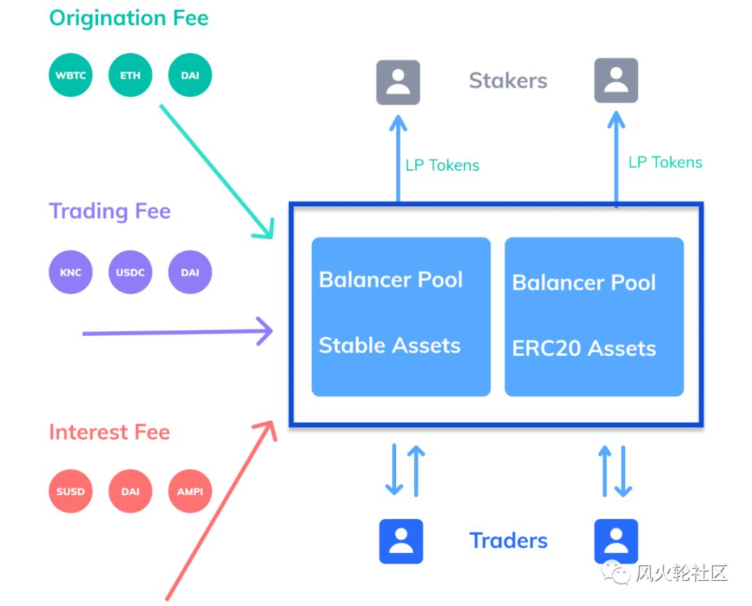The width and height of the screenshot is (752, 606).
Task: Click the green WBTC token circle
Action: [70, 75]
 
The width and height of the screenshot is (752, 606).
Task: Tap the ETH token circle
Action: [130, 75]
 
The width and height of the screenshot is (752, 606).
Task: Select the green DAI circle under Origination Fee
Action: [190, 75]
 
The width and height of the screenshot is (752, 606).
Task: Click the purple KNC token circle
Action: [70, 272]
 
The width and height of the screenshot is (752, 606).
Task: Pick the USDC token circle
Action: [130, 272]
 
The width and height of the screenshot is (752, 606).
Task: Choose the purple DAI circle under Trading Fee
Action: [190, 272]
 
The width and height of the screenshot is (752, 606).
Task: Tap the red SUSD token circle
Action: [70, 491]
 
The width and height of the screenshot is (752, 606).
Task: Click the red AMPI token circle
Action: [190, 491]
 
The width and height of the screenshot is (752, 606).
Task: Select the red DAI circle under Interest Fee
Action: [130, 491]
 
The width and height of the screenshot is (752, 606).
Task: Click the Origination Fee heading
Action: [129, 18]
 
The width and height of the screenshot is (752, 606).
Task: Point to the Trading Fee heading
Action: [109, 211]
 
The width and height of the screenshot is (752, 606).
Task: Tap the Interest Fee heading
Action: [109, 432]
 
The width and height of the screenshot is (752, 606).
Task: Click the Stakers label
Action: [508, 81]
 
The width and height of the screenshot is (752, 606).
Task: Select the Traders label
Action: [508, 541]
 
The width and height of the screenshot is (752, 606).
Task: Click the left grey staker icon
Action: [398, 82]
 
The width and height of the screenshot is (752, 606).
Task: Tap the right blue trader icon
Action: [616, 541]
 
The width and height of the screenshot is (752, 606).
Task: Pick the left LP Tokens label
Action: [442, 166]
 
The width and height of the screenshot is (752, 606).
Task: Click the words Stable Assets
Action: [389, 345]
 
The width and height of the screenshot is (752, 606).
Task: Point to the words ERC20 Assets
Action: [583, 348]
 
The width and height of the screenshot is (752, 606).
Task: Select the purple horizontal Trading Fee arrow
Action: [178, 332]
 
